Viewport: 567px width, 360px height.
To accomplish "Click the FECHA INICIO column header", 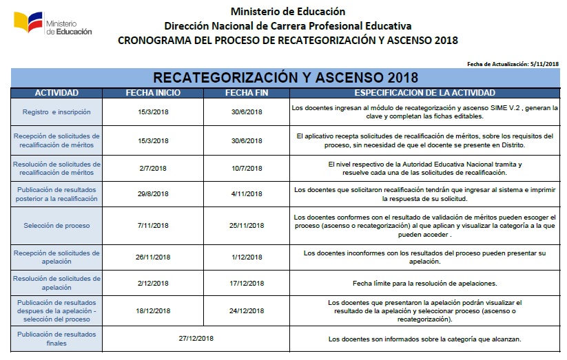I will click(153, 93).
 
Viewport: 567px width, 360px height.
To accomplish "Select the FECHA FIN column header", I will click(246, 93).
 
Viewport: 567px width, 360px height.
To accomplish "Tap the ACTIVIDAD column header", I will click(56, 93).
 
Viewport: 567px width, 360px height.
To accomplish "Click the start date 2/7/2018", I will click(153, 168).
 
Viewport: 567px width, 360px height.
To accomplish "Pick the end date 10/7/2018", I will click(246, 168).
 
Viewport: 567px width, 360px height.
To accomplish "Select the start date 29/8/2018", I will click(153, 194).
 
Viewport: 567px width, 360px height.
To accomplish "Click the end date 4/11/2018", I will click(246, 194).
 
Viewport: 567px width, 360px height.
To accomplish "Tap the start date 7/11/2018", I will click(153, 225).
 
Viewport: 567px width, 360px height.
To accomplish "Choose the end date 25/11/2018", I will click(246, 225).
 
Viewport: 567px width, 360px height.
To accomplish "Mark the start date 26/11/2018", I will click(153, 257).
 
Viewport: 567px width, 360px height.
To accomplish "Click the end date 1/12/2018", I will click(246, 257).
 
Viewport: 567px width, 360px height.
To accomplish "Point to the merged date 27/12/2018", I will click(196, 339).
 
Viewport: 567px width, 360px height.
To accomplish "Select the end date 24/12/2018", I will click(246, 310).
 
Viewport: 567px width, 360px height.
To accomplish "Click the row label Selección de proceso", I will click(56, 225).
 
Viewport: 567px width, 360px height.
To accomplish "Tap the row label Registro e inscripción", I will click(56, 112).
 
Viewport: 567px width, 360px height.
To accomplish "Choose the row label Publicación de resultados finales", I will click(56, 339).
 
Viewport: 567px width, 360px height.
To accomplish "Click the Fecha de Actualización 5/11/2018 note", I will click(513, 63).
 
